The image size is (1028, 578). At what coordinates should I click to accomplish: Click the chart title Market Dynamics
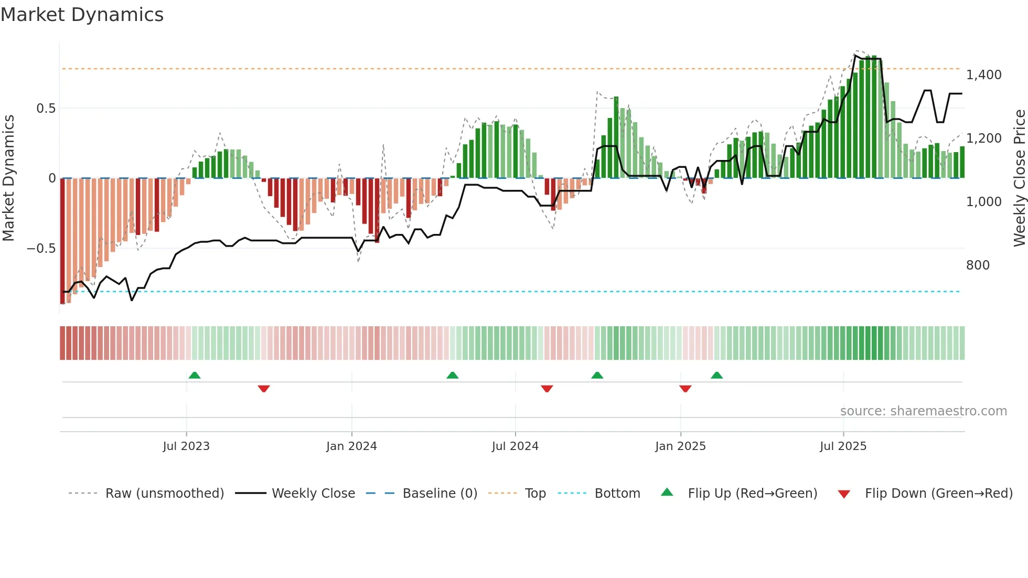tap(82, 15)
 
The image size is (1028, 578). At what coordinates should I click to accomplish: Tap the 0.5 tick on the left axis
tap(46, 109)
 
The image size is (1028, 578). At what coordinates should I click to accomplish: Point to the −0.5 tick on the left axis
tap(41, 249)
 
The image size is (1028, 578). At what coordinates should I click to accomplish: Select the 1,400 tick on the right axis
tap(983, 75)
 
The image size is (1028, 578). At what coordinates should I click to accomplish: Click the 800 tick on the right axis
tap(978, 265)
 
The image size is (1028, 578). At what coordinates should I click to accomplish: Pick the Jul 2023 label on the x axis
tap(186, 446)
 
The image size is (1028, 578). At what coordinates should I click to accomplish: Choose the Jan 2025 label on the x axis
tap(680, 446)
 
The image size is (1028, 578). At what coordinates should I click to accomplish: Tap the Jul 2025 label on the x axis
tap(843, 446)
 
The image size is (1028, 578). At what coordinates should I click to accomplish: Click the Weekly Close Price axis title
tap(1019, 178)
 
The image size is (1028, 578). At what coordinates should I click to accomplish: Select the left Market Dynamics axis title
tap(8, 178)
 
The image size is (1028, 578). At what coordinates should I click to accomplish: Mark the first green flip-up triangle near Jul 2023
tap(195, 375)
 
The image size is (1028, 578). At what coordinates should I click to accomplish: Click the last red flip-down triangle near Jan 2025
tap(685, 389)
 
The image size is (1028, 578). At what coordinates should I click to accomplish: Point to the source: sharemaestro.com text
tap(923, 411)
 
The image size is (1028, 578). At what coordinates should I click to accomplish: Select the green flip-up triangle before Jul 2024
tap(453, 375)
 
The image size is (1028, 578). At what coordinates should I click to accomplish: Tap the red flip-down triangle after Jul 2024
tap(547, 389)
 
